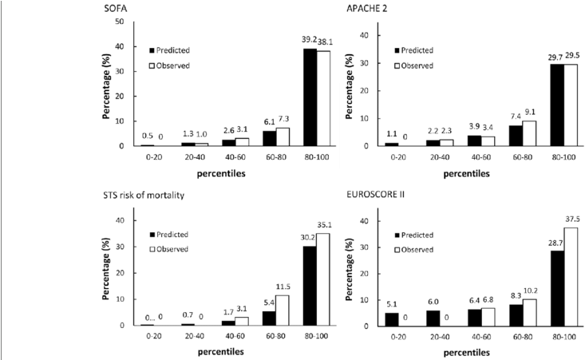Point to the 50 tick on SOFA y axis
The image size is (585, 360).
118,22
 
